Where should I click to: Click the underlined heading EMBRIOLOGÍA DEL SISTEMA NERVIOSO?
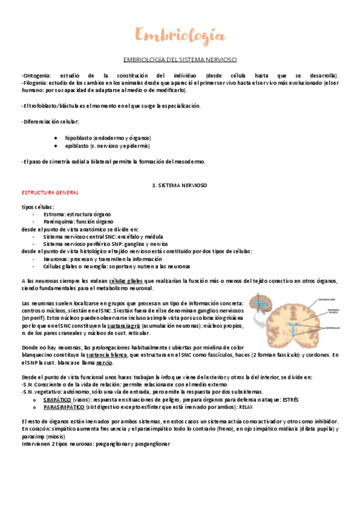[x=180, y=60]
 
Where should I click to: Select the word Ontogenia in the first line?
[x=36, y=75]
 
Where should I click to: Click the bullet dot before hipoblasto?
[x=55, y=138]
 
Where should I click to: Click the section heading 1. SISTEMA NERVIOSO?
[x=180, y=186]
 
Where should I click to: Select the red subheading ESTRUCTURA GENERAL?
[x=49, y=192]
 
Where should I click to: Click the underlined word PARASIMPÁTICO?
[x=64, y=407]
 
